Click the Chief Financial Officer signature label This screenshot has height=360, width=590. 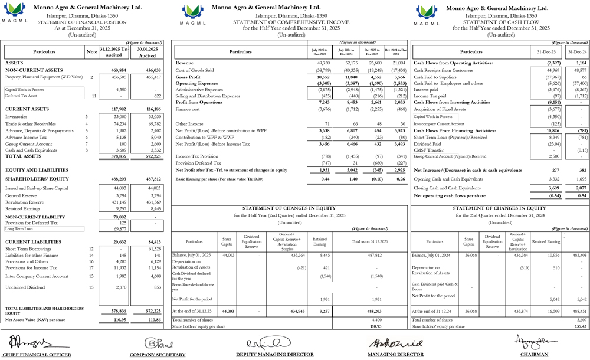[37, 355]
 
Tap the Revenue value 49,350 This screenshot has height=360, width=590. [323, 62]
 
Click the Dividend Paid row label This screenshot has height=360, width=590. [428, 143]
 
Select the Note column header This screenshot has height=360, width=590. [91, 52]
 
